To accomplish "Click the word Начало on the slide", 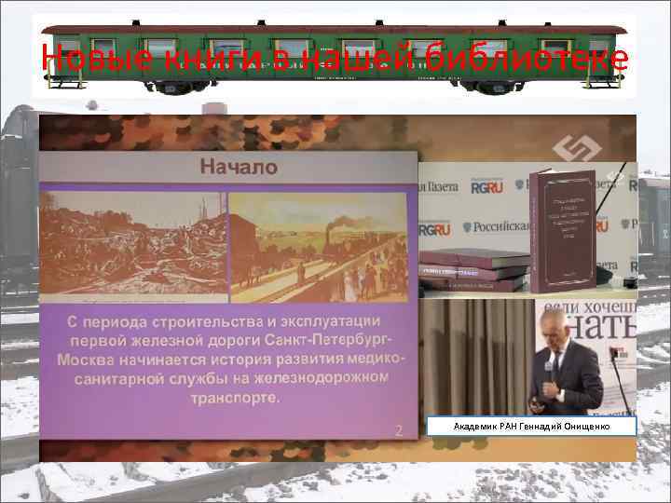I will (238, 169).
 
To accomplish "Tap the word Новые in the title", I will (89, 60).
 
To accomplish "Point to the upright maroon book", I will (562, 227).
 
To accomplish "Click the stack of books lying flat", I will (473, 269).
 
